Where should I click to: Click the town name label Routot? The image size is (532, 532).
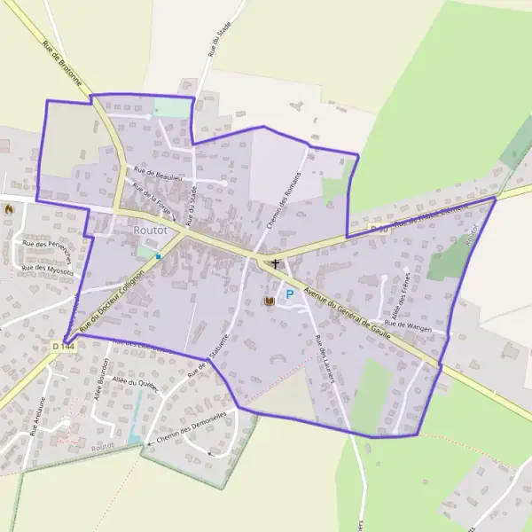point(148,230)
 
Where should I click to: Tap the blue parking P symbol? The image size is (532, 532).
point(289,293)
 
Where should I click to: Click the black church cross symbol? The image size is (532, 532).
point(275,263)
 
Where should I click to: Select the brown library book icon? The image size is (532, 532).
point(270,302)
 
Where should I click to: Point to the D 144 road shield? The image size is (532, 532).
point(62,345)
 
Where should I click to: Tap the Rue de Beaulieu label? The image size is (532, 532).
point(157,174)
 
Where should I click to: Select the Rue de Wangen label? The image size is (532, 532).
point(408,325)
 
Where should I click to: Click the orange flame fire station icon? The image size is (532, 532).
point(9,209)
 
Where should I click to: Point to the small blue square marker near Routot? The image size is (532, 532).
point(159,256)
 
